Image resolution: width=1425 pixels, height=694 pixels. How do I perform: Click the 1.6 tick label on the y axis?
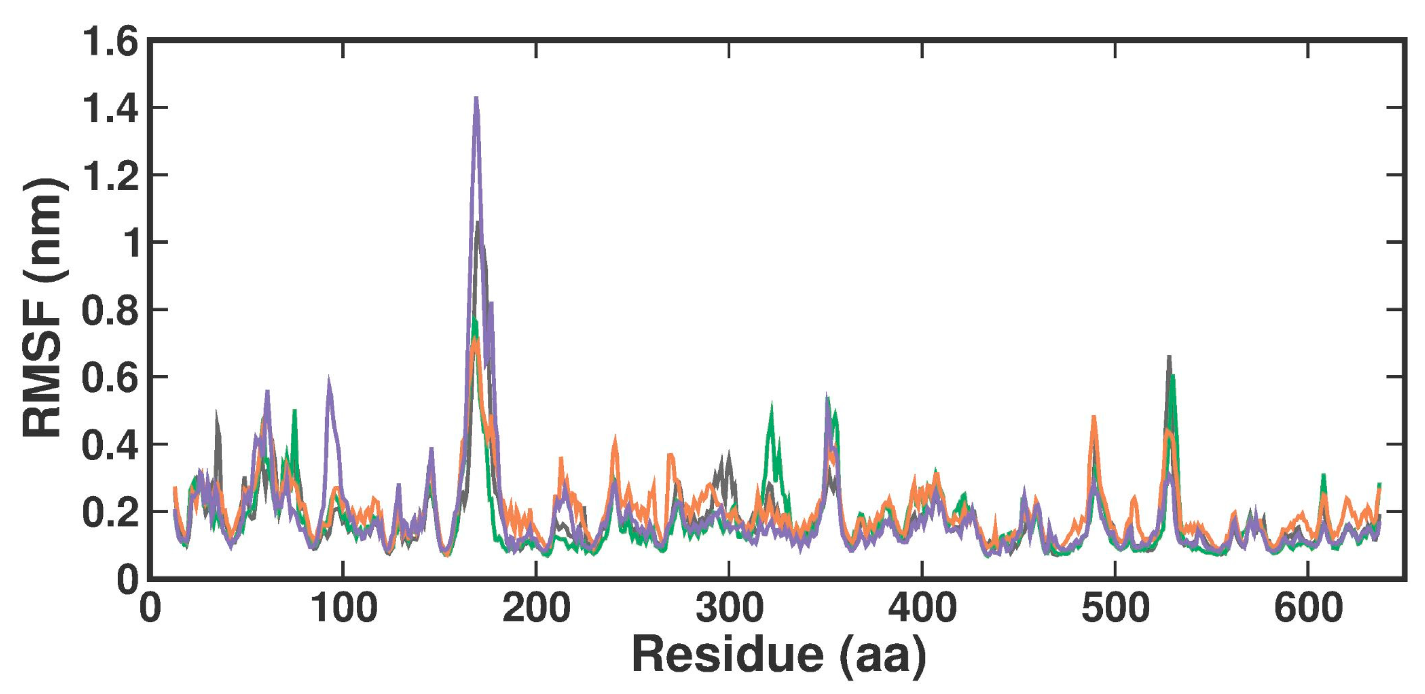pos(109,42)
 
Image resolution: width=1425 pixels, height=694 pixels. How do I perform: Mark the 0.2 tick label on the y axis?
pos(109,512)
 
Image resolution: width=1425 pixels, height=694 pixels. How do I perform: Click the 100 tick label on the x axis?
pos(344,608)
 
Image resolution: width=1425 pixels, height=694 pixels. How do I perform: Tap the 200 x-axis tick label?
pos(536,608)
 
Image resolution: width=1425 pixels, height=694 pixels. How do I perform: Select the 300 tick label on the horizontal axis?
pos(729,608)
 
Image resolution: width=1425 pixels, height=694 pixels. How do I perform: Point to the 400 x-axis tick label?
pos(922,608)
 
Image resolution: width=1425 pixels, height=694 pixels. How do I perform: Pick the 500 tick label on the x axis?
pos(1115,608)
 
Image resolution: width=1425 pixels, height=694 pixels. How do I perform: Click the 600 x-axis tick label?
pos(1308,608)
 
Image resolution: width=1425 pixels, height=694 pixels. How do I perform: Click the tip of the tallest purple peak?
pos(476,98)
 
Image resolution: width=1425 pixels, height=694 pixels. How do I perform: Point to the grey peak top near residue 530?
pos(1169,357)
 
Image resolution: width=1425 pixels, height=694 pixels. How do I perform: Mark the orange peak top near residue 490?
pos(1094,416)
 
